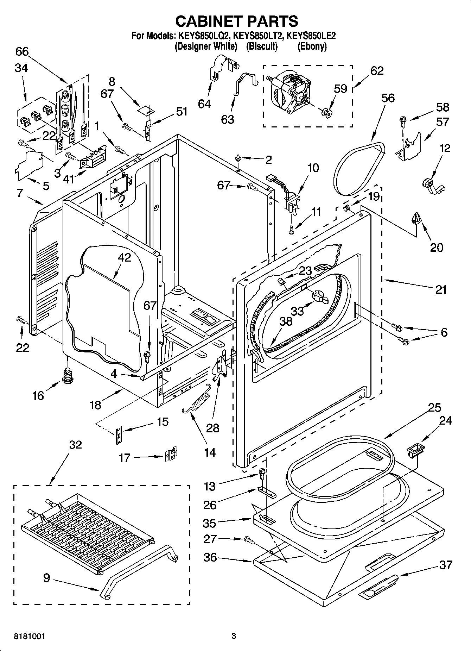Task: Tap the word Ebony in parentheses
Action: (312, 46)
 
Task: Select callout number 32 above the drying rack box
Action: (75, 445)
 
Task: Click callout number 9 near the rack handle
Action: (47, 578)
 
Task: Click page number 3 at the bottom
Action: (233, 636)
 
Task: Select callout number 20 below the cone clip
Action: (437, 248)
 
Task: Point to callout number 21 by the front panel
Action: (441, 290)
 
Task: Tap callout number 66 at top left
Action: (22, 52)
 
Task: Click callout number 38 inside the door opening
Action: (286, 321)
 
